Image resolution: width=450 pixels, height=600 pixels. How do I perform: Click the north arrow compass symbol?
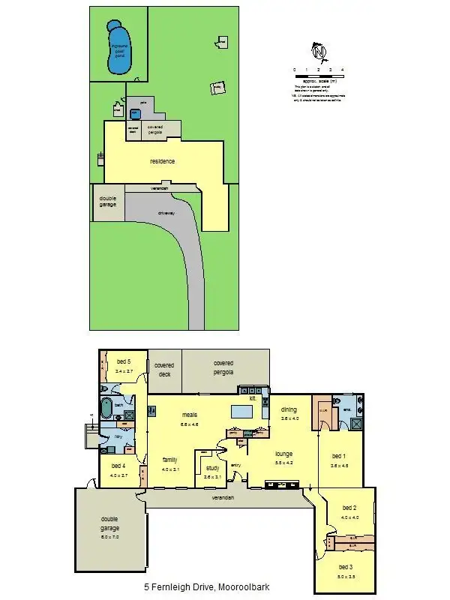pyautogui.click(x=320, y=52)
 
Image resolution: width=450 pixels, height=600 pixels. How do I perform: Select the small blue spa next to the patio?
pyautogui.click(x=136, y=113)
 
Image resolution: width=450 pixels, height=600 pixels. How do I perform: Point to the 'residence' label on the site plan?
pyautogui.click(x=162, y=161)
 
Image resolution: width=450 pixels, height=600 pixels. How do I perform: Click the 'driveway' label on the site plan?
pyautogui.click(x=166, y=212)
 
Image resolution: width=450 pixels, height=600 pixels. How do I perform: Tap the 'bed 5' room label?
pyautogui.click(x=123, y=361)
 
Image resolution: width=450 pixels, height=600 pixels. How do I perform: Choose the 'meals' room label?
pyautogui.click(x=189, y=413)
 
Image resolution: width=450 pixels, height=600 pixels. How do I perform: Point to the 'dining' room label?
pyautogui.click(x=289, y=409)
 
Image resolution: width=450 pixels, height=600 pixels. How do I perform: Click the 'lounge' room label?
pyautogui.click(x=283, y=454)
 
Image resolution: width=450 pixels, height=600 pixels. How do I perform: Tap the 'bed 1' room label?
pyautogui.click(x=339, y=456)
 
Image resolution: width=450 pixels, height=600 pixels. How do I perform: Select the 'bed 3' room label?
pyautogui.click(x=346, y=567)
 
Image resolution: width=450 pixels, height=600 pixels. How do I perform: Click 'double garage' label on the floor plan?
pyautogui.click(x=110, y=523)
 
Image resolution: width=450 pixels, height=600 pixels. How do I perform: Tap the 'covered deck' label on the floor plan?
pyautogui.click(x=163, y=369)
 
